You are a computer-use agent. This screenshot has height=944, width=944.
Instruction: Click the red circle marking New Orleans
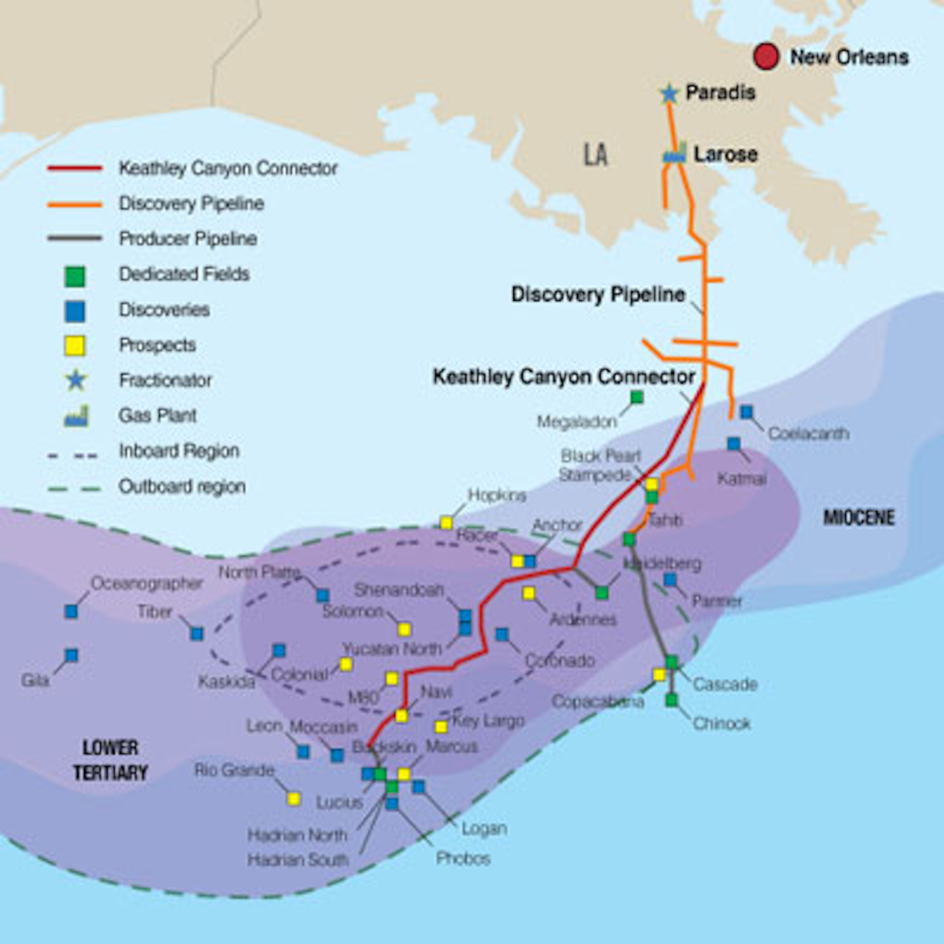point(766,56)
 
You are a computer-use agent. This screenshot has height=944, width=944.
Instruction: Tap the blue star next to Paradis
point(669,94)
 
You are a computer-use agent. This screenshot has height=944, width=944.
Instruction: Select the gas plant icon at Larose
point(675,154)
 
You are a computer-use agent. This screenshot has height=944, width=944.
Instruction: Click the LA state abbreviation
point(595,155)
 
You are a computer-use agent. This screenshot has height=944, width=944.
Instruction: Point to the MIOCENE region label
point(859,518)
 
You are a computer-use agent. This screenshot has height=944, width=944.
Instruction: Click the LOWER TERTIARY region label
point(110,760)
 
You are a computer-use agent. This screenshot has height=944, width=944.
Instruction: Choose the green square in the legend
point(75,276)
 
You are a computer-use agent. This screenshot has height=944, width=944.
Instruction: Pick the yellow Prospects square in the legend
point(75,345)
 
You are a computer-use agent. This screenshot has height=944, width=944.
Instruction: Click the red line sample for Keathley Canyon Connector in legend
point(75,168)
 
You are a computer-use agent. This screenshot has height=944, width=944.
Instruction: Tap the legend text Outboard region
point(182,486)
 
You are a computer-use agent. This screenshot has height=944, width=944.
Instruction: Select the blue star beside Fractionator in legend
point(76,380)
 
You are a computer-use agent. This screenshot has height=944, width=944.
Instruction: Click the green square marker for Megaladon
point(637,397)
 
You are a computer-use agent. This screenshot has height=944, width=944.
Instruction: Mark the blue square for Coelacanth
point(747,412)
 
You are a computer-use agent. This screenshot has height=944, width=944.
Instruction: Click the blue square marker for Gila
point(71,655)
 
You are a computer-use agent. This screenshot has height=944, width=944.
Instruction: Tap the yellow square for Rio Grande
point(294,798)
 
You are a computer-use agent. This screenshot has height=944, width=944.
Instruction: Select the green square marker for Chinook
point(671,700)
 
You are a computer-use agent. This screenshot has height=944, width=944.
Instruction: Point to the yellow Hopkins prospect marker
point(446,522)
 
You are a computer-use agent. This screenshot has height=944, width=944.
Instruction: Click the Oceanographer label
point(147,583)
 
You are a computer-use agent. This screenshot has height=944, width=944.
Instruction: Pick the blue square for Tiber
point(197,633)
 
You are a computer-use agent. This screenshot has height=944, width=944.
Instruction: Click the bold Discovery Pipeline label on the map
point(598,294)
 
